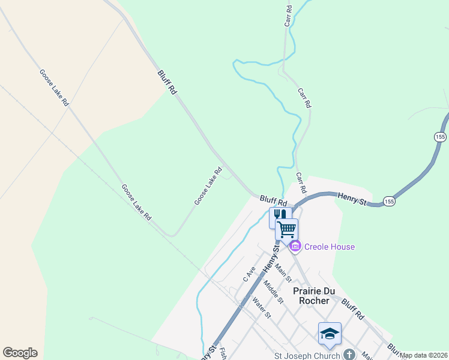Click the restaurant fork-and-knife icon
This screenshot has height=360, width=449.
(x=280, y=215)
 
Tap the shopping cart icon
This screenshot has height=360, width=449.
(x=287, y=229)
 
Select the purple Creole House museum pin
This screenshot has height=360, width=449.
(x=295, y=247)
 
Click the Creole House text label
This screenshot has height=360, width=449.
(x=330, y=247)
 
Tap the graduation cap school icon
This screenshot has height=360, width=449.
(x=329, y=334)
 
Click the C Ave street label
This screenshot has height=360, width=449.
(x=249, y=274)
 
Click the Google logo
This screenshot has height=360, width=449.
(x=20, y=353)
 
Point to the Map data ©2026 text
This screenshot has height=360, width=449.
(x=424, y=355)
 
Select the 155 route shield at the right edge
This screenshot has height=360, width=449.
(x=441, y=137)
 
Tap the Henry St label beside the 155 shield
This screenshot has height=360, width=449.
(x=352, y=198)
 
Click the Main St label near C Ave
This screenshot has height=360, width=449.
(x=283, y=271)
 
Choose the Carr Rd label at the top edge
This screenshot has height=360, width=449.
(x=289, y=16)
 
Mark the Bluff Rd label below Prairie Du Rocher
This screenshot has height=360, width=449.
(x=353, y=308)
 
